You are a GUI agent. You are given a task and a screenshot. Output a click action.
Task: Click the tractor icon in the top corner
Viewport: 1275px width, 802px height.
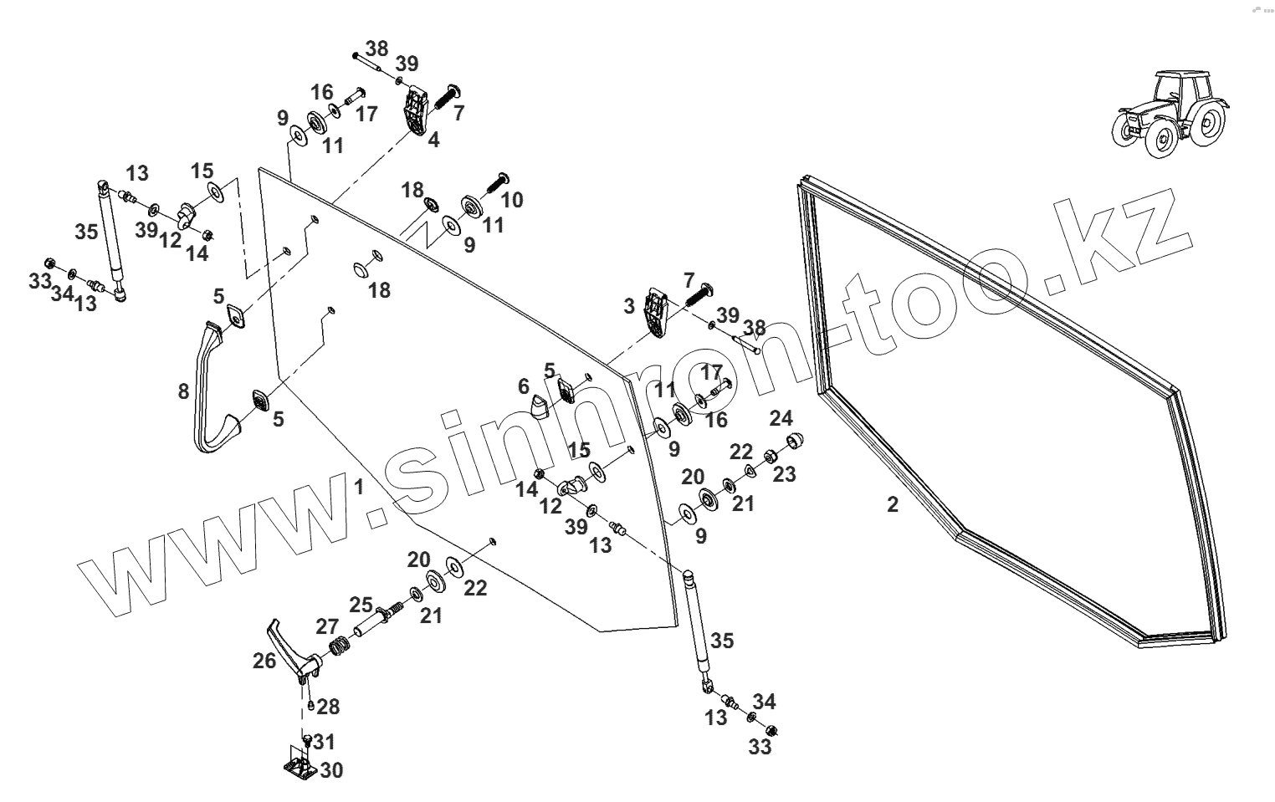point(1170,113)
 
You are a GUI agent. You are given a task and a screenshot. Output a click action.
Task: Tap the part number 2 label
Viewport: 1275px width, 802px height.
point(893,504)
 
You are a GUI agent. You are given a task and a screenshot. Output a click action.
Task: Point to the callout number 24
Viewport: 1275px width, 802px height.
point(781,417)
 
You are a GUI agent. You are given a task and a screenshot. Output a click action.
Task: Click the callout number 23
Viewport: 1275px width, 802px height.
point(784,474)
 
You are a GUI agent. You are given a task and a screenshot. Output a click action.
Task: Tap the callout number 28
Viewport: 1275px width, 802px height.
point(328,707)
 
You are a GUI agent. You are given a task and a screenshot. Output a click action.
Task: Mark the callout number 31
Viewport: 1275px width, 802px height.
point(324,742)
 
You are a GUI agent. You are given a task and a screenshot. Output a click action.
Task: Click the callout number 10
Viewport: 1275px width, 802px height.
point(511,200)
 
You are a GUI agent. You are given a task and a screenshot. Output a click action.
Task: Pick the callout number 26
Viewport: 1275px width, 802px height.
point(264,661)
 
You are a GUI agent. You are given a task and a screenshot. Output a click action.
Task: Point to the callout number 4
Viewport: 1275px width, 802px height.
point(433,140)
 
